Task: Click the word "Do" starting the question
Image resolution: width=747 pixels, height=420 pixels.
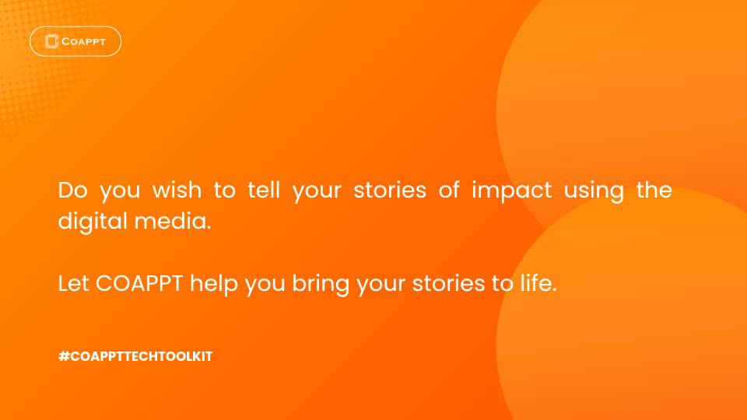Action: coord(73,190)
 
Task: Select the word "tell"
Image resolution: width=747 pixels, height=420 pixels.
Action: coord(264,189)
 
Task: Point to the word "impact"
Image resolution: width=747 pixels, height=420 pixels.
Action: coord(512,191)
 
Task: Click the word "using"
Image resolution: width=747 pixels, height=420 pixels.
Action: coord(594,191)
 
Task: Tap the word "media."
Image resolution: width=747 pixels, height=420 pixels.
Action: coord(173,221)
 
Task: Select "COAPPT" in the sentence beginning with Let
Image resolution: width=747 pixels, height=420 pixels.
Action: coord(139,283)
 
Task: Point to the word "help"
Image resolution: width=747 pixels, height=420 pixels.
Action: coord(213,285)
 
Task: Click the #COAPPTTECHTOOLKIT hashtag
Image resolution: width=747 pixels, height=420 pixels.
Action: coord(135,356)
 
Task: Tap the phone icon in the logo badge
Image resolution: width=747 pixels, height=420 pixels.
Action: coord(51,41)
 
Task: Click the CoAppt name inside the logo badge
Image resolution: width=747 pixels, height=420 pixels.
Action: coord(83,42)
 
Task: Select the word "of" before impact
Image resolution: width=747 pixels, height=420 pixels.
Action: coord(449,189)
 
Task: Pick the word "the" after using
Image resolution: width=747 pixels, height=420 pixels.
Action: coord(654,189)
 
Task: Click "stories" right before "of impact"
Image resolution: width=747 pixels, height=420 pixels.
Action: coord(390,190)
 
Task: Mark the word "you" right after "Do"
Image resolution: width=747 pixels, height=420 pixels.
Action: coord(120,192)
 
